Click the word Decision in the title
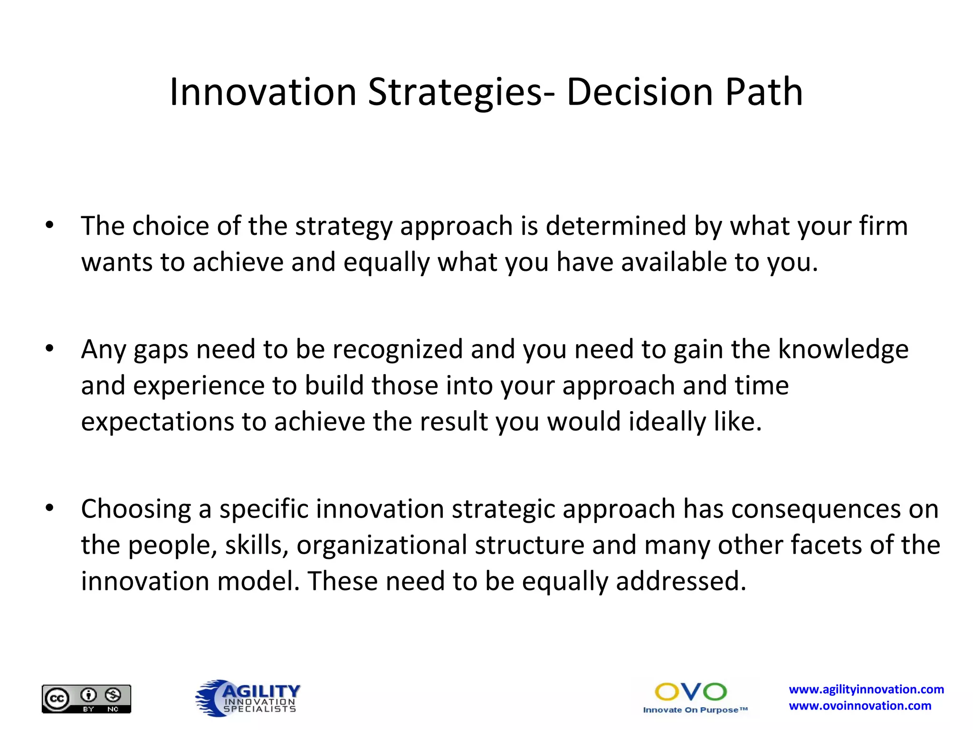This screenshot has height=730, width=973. coord(640,92)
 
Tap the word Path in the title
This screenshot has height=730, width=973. coord(764,92)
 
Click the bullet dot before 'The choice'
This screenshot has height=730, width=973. coord(50,225)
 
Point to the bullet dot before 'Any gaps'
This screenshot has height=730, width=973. coord(50,349)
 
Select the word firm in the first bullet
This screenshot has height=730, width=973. coord(883,226)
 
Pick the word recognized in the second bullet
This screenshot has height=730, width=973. coord(397,349)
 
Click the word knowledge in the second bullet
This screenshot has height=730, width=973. coord(843,349)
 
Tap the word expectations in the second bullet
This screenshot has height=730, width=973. coord(157,422)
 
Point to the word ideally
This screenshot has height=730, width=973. coord(667,422)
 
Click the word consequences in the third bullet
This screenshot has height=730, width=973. coord(816,509)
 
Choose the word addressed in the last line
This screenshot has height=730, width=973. coord(681,581)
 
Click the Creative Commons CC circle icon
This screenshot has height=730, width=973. coord(57,699)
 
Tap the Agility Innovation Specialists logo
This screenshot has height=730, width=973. coord(248,698)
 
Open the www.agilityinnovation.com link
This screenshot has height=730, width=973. coord(866,690)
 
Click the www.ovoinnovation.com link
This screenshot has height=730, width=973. coord(860,706)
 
